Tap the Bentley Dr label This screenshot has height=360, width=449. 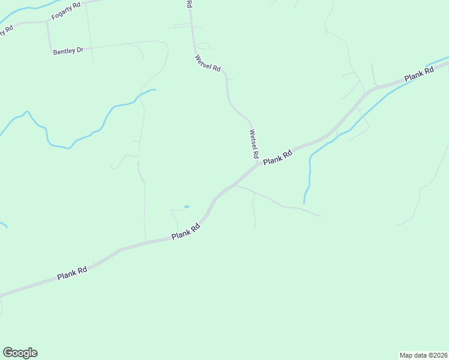[x=68, y=51]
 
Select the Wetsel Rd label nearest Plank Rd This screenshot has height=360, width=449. [x=253, y=144]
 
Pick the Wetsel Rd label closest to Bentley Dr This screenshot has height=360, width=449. [x=208, y=63]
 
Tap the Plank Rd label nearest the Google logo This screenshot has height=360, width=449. [x=73, y=274]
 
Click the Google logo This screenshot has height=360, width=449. [x=20, y=353]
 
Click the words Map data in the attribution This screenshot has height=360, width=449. [x=412, y=355]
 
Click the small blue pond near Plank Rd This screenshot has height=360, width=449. [x=186, y=207]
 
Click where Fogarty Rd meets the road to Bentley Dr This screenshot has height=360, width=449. [x=47, y=22]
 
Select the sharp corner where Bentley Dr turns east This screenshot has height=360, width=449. [x=50, y=49]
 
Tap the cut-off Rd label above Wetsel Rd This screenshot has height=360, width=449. [x=189, y=4]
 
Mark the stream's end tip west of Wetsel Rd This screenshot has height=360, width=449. [x=155, y=90]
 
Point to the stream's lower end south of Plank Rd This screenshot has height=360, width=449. [x=304, y=203]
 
